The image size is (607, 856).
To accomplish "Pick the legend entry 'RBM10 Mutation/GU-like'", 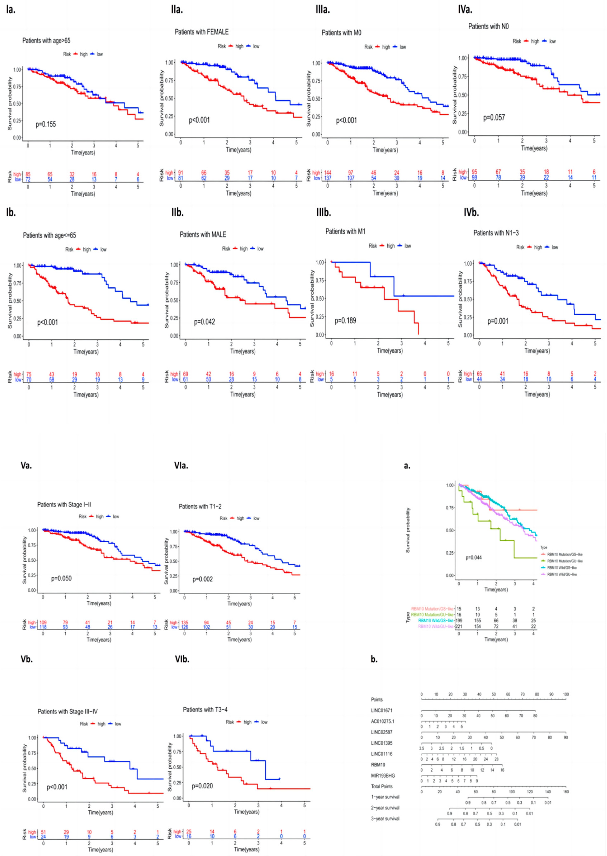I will click(564, 561).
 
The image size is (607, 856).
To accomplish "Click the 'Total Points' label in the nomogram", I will click(382, 786).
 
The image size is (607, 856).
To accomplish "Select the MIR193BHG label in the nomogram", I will click(383, 776).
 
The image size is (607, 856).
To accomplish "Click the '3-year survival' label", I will click(385, 819).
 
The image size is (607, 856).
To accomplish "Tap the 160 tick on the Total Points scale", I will click(565, 792).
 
